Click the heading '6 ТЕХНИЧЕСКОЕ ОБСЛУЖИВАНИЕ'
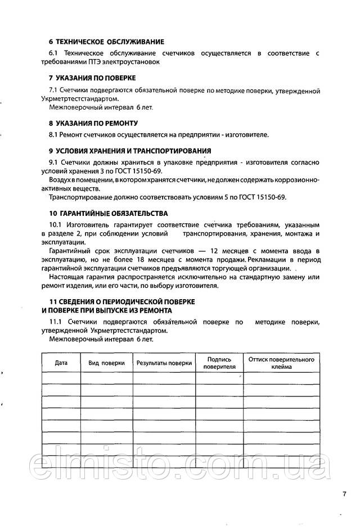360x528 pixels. pos(106,42)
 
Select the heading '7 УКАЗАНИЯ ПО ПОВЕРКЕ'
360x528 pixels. pos(92,77)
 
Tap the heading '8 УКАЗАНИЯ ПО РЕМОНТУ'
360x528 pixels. pos(93,122)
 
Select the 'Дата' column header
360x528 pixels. pos(61,363)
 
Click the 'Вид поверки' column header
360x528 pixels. pos(106,363)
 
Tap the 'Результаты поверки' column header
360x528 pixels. pos(164,363)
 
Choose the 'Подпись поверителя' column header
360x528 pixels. pos(219,363)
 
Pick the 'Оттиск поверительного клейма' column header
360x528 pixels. pos(281,363)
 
